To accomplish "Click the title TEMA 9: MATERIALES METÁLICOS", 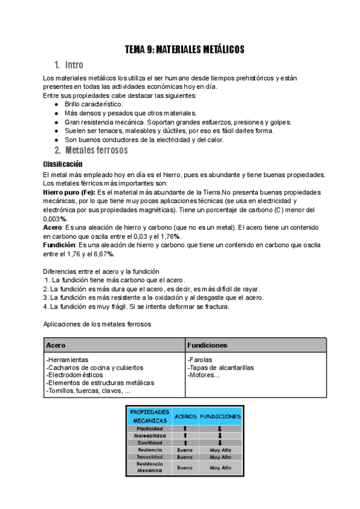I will pyautogui.click(x=184, y=50).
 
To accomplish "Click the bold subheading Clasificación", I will pyautogui.click(x=62, y=164).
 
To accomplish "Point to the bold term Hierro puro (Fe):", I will pyautogui.click(x=69, y=192).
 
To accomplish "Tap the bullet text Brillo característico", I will pyautogui.click(x=94, y=104).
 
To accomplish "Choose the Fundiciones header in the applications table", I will pyautogui.click(x=207, y=346).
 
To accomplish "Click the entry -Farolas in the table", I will pyautogui.click(x=200, y=359).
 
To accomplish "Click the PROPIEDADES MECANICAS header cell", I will pyautogui.click(x=149, y=415).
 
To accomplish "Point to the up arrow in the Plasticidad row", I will pyautogui.click(x=185, y=429).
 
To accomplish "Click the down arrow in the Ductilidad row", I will pyautogui.click(x=220, y=443).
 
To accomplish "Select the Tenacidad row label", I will pyautogui.click(x=149, y=457).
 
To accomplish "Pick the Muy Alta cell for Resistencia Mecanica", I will pyautogui.click(x=220, y=467).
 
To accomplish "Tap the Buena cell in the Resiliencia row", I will pyautogui.click(x=185, y=450).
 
